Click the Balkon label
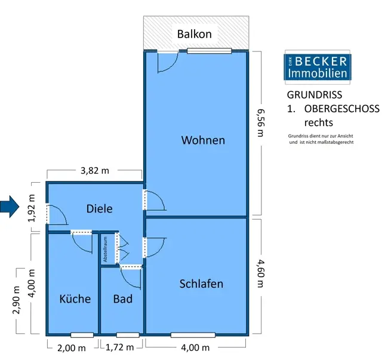click(x=195, y=33)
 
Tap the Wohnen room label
click(x=203, y=140)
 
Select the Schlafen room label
click(x=201, y=284)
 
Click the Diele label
click(x=100, y=208)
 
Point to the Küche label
click(x=75, y=299)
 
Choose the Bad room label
click(x=122, y=299)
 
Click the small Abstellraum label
click(x=105, y=250)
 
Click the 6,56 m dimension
click(x=260, y=122)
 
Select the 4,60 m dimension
click(x=260, y=272)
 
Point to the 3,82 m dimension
click(x=95, y=171)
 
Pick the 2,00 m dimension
click(x=70, y=348)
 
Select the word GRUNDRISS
click(x=315, y=96)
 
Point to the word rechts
click(x=319, y=123)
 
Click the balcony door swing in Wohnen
click(x=167, y=61)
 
